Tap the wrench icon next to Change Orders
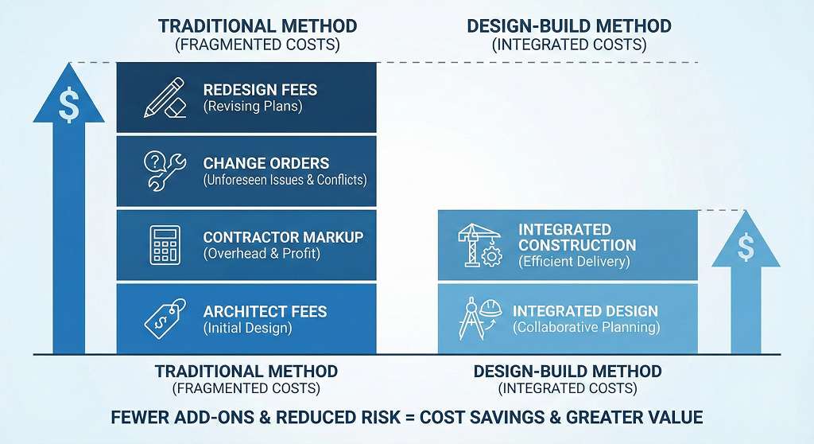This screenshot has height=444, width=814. [x=165, y=170]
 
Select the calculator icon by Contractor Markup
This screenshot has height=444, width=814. [x=165, y=244]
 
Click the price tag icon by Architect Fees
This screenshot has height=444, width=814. [x=165, y=317]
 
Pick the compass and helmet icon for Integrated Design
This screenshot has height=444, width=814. [x=477, y=317]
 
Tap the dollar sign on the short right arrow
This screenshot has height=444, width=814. [x=746, y=248]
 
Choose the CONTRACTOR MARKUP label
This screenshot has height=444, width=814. [x=283, y=237]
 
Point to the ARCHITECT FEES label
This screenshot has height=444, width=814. [x=265, y=311]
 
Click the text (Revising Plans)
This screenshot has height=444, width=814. [x=254, y=107]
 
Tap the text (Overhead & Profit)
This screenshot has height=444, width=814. [x=262, y=254]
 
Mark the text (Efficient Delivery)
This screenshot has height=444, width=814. [x=574, y=261]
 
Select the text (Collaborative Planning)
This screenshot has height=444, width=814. [x=586, y=327]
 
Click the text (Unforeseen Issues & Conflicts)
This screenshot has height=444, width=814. [x=285, y=180]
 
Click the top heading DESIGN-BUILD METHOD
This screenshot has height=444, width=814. [x=568, y=26]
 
